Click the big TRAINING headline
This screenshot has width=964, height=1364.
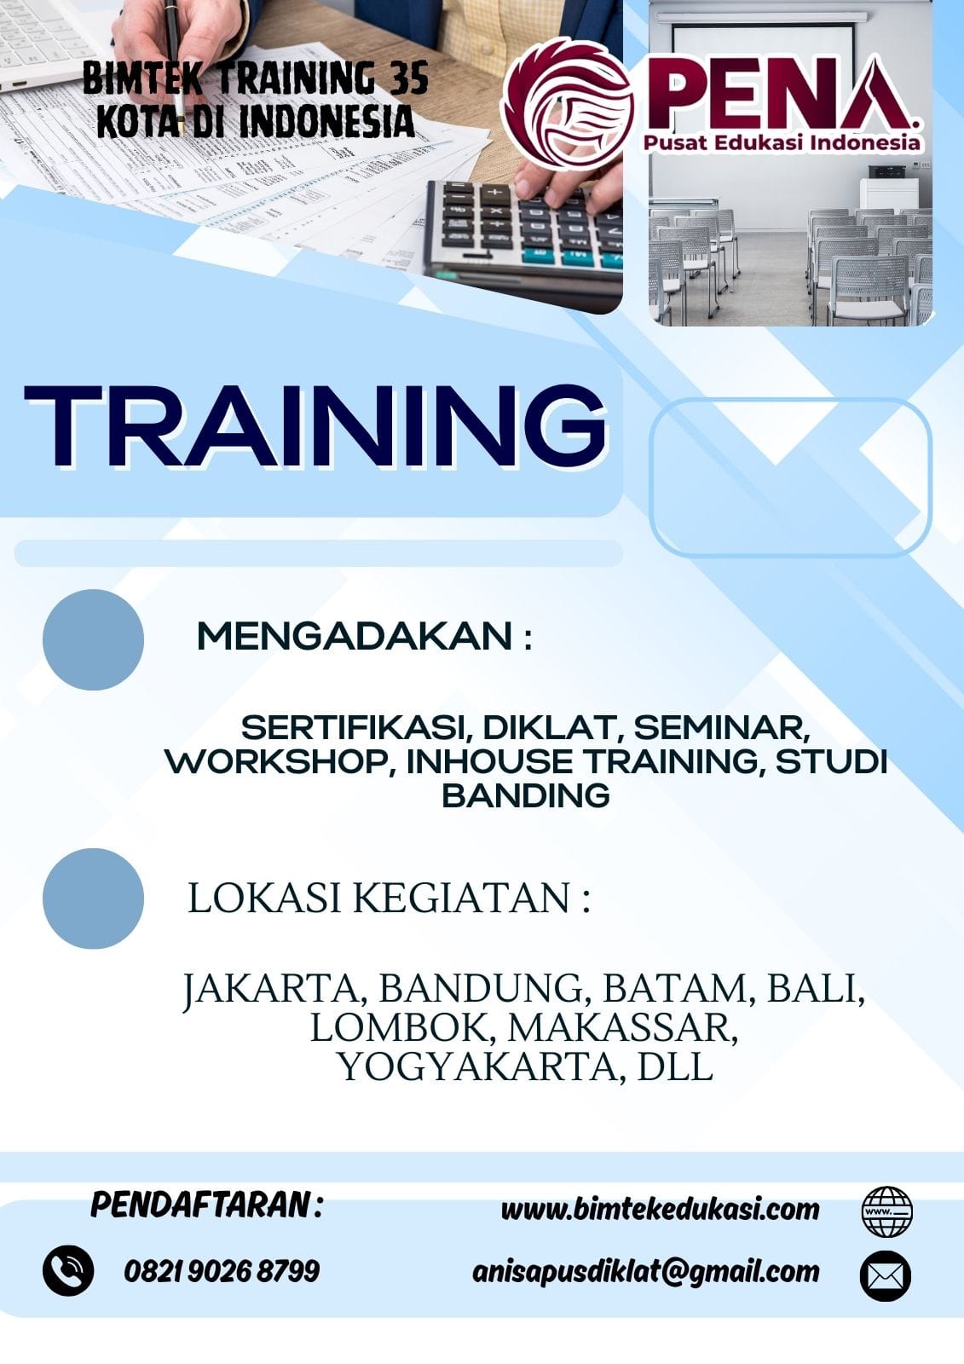point(315,426)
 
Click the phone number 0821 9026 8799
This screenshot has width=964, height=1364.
point(222,1271)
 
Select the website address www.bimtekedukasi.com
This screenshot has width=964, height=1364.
point(660,1209)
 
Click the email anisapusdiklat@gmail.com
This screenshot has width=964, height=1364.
point(645,1271)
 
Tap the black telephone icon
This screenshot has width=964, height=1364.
point(68,1271)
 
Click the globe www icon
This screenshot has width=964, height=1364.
point(886,1211)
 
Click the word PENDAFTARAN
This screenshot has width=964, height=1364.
point(200,1205)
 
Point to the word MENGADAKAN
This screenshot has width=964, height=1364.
point(355,637)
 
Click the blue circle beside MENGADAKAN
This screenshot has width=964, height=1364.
point(93,639)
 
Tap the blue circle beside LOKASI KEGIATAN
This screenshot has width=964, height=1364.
point(93,899)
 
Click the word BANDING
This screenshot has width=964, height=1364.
point(526,795)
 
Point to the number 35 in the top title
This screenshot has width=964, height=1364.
point(409,80)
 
